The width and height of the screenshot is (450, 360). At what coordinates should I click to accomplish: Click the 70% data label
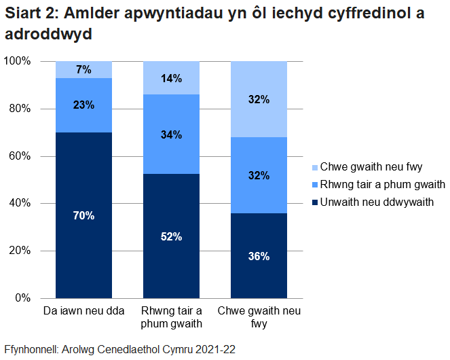tap(84, 216)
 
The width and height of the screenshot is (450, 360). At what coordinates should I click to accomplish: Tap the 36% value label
tap(259, 257)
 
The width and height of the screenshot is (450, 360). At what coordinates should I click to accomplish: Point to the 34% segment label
tap(171, 134)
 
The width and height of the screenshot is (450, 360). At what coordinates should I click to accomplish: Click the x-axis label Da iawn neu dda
tap(84, 312)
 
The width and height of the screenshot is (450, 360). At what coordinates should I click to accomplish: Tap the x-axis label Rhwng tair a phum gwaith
tap(171, 318)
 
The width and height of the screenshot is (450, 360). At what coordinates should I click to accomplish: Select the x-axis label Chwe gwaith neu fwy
tap(259, 318)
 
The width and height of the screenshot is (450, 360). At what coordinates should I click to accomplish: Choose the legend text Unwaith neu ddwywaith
tap(377, 202)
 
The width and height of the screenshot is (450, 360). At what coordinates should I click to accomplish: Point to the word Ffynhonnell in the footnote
tap(31, 349)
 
